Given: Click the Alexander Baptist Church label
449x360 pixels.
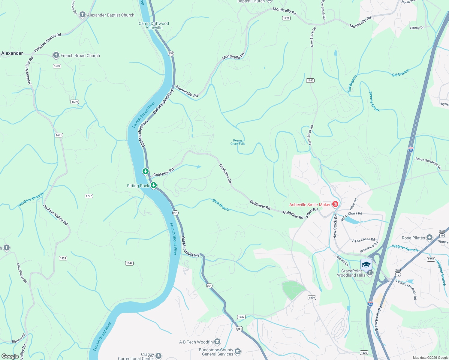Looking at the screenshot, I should [x=110, y=15].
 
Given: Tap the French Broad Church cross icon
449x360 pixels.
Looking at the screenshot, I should [x=56, y=55].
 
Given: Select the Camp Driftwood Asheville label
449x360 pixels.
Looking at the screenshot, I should [x=154, y=25].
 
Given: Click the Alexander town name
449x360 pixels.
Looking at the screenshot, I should [x=12, y=53].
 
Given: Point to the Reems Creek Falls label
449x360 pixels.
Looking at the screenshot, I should [x=238, y=142].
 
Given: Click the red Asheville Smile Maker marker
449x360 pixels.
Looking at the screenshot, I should [x=335, y=204].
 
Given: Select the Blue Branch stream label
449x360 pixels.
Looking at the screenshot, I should [x=221, y=205].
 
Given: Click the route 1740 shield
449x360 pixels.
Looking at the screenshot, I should [x=310, y=80].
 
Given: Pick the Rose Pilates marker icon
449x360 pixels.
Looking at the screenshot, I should [x=429, y=238].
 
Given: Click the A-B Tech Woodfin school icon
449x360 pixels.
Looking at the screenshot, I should [x=217, y=342].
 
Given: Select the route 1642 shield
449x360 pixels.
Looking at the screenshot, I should [x=129, y=263].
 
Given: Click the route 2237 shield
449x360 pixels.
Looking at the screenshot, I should [x=431, y=259].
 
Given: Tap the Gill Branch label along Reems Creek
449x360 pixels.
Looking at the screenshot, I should [x=352, y=84].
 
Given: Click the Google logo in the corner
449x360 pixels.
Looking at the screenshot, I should [x=10, y=356].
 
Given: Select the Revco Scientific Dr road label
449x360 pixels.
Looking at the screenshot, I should [x=428, y=163].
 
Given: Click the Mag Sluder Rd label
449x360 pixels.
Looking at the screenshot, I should [x=22, y=273].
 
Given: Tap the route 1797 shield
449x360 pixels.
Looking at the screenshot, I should [x=89, y=196].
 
